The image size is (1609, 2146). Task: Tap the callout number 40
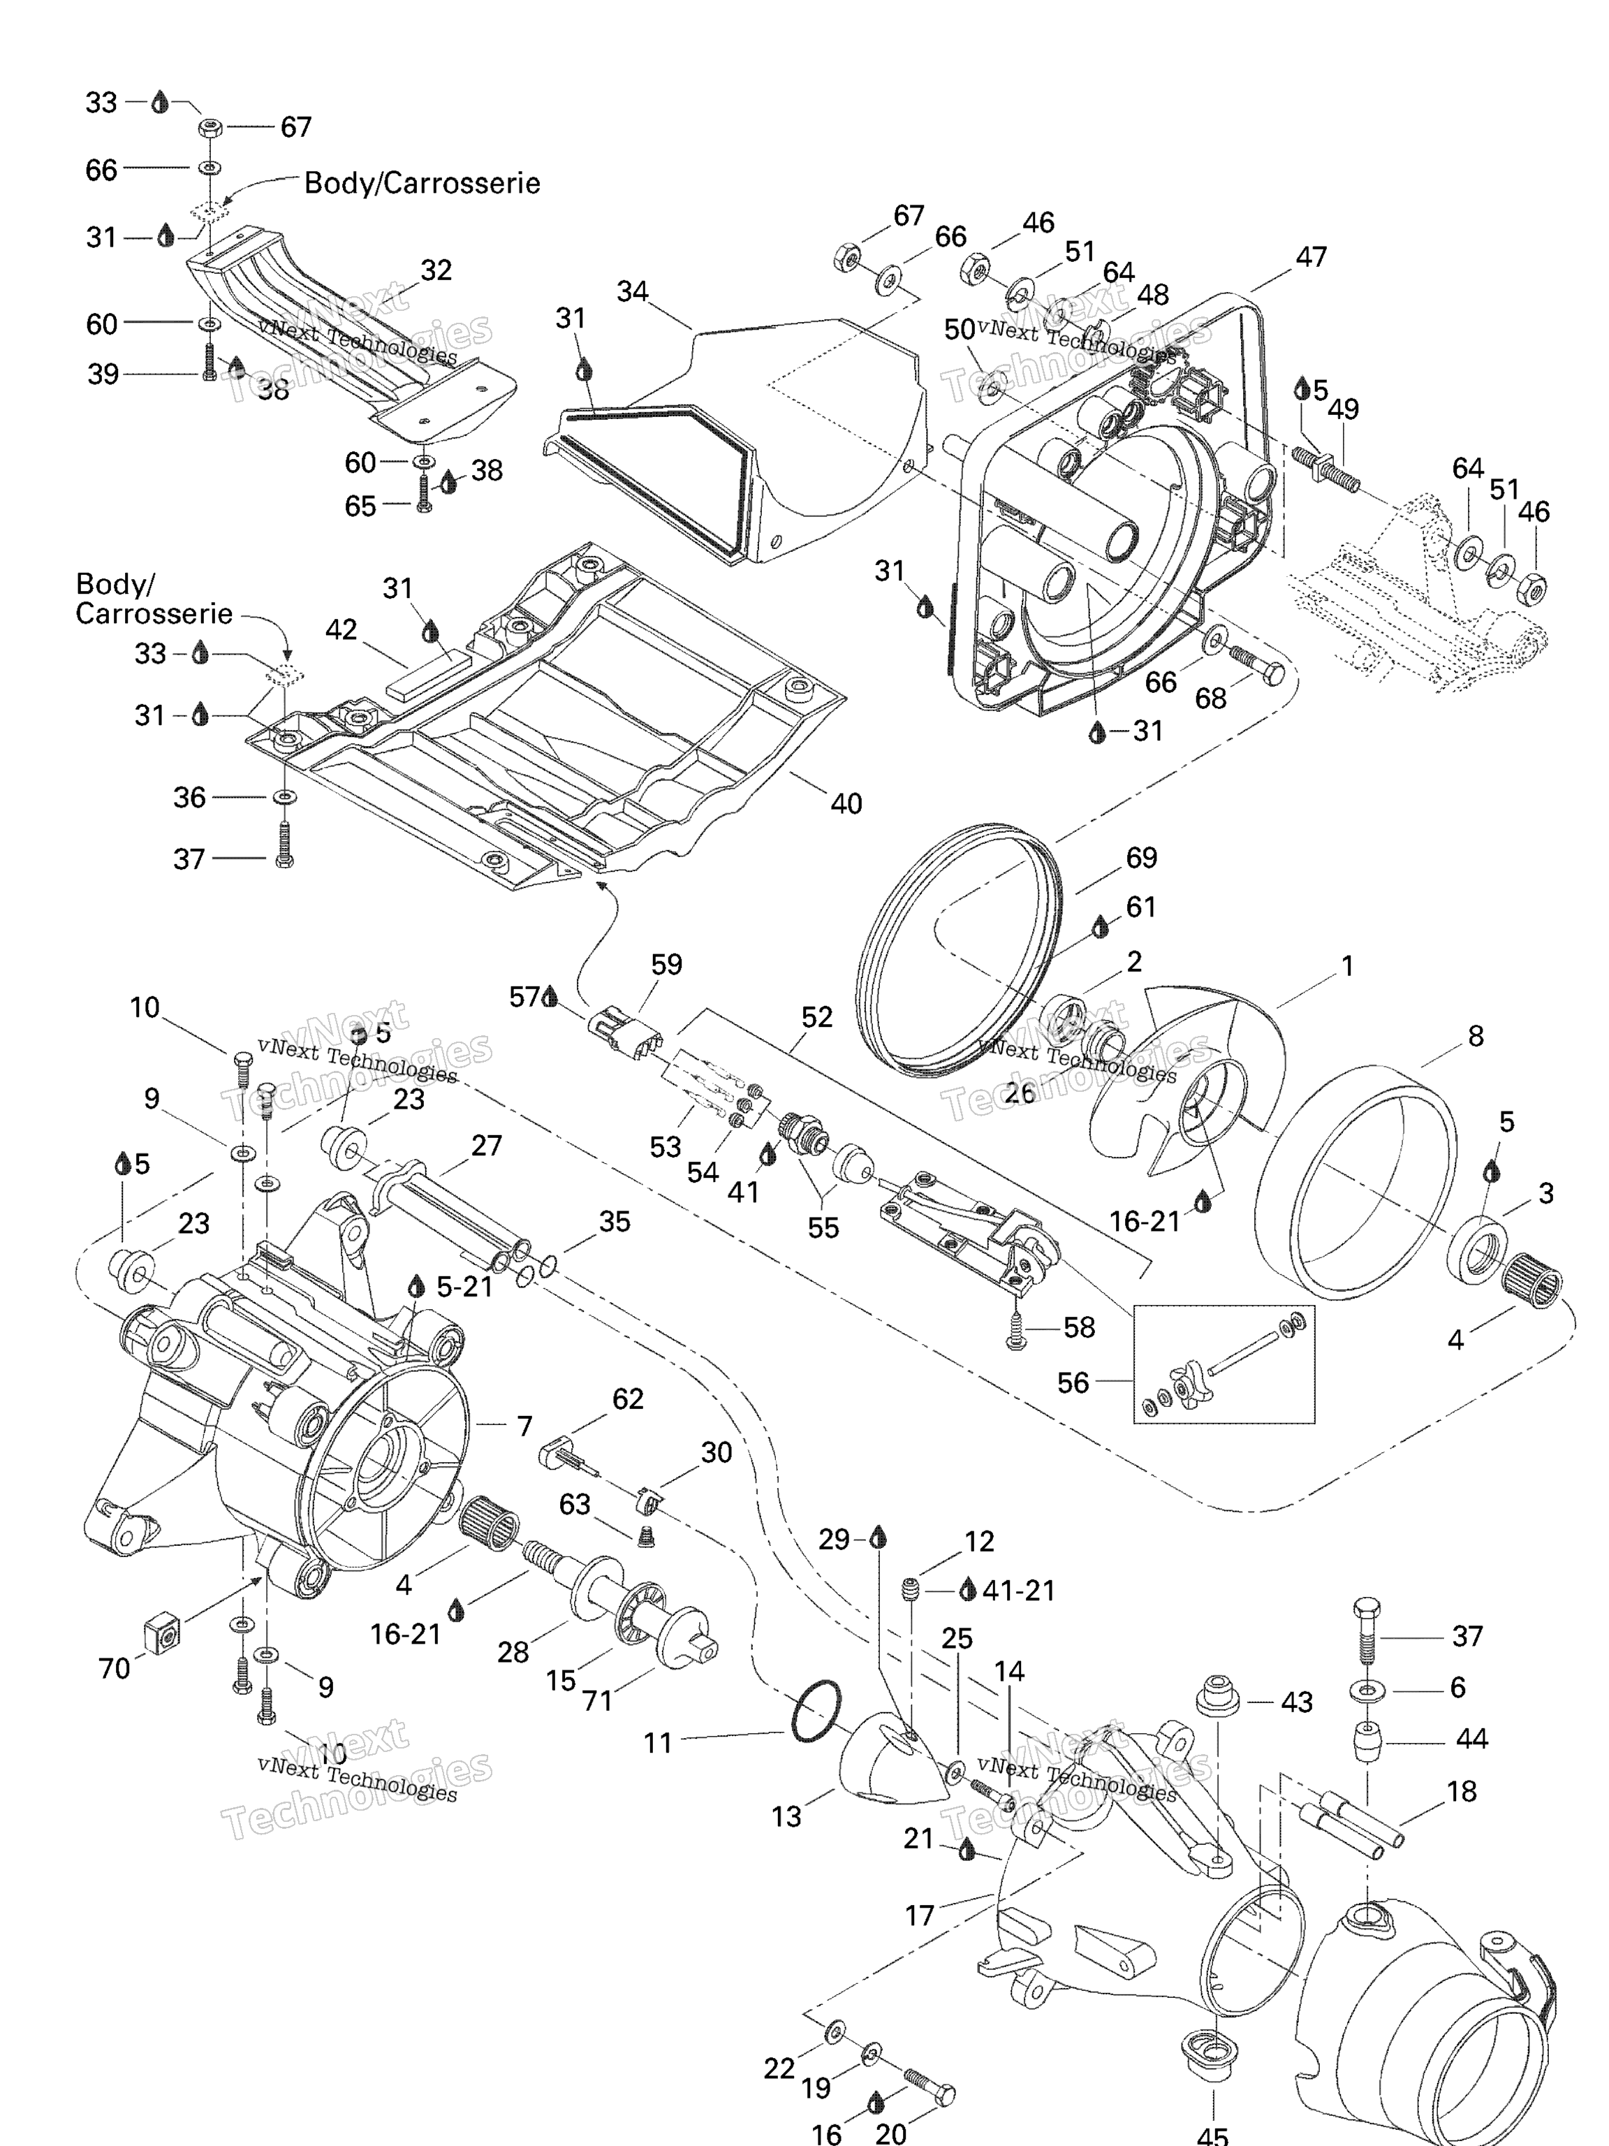[846, 803]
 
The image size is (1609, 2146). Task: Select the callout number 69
[1142, 858]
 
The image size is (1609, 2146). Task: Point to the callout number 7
[524, 1426]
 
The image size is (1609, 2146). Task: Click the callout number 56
[1073, 1382]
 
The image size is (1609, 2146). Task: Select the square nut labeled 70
[164, 1633]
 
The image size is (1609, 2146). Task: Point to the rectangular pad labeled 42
[426, 672]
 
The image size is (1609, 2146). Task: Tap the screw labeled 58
[1015, 1332]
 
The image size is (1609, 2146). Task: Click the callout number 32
[436, 270]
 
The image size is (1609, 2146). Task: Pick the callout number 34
[632, 291]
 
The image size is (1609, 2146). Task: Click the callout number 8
[1475, 1036]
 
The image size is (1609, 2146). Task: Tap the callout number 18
[1462, 1791]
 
